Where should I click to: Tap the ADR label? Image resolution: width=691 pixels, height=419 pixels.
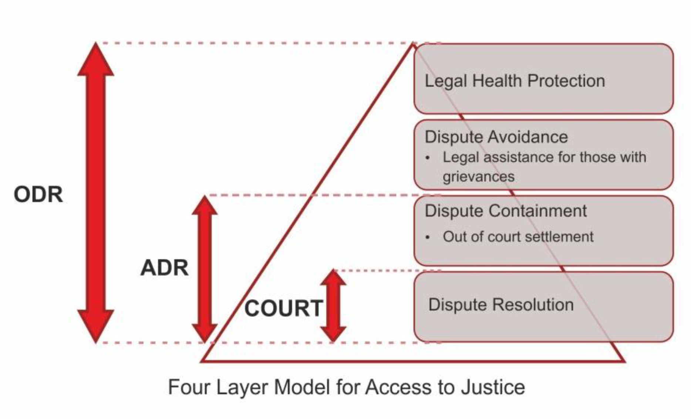(164, 268)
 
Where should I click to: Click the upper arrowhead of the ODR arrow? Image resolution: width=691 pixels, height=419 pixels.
(95, 59)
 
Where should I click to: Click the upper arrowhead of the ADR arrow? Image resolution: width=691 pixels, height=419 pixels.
(205, 205)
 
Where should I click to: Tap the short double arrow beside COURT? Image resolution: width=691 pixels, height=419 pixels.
(333, 306)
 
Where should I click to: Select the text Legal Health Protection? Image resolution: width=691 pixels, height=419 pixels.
(515, 81)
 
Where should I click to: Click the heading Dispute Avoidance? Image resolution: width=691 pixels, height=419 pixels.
(496, 137)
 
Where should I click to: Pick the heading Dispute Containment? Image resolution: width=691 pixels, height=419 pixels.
(506, 211)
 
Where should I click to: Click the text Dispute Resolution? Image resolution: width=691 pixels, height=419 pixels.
(501, 305)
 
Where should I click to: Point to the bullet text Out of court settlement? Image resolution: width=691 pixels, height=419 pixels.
(518, 237)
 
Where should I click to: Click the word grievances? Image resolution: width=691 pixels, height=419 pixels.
(478, 177)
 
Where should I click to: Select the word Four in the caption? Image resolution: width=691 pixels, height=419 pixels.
(189, 387)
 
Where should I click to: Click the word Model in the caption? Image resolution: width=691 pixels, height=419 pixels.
(301, 387)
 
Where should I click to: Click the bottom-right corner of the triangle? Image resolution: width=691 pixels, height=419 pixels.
(624, 361)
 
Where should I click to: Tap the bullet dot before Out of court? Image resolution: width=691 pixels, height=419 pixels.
(428, 237)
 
